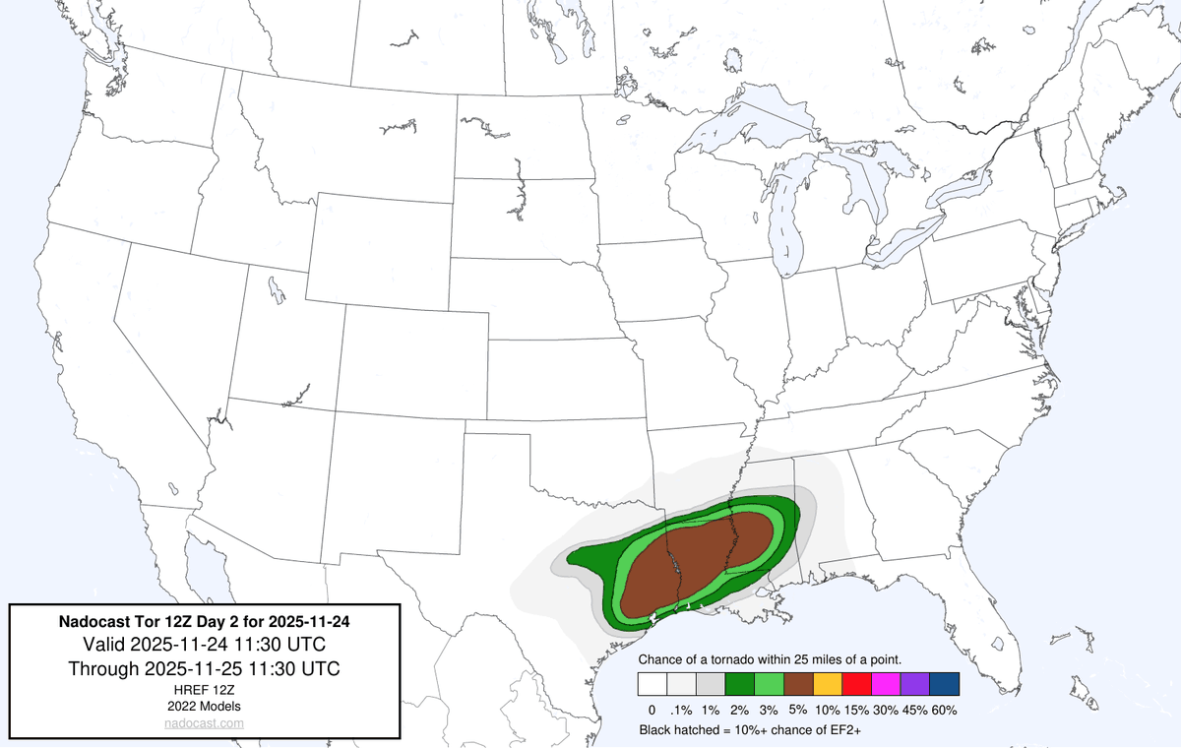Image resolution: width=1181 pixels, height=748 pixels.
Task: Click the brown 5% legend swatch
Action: [798, 684]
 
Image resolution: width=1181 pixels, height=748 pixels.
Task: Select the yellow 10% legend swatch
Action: [828, 684]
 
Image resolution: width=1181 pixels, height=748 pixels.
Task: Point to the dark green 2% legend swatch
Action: [740, 684]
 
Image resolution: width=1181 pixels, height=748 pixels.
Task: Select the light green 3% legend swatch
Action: [769, 684]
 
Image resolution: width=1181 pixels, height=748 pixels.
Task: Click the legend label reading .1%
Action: [681, 710]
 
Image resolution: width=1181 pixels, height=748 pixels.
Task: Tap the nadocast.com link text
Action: [204, 723]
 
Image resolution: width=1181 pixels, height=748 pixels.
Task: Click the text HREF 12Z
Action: [204, 690]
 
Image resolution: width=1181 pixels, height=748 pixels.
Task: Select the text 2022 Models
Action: [204, 706]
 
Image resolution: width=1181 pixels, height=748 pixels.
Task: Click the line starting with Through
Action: [204, 669]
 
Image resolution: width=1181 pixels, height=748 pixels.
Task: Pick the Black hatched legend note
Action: [751, 730]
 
